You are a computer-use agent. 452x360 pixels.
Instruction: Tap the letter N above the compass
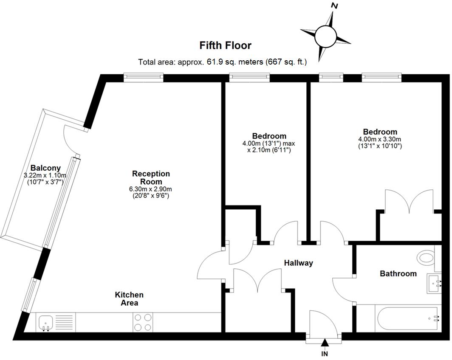click(x=335, y=6)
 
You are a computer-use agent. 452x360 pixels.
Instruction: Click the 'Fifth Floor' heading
click(x=225, y=45)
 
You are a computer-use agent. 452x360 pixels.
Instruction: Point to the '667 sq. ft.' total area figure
click(x=285, y=62)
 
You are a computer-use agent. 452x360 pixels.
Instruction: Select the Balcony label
click(x=45, y=168)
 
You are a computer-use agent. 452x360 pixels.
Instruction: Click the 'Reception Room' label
click(x=151, y=177)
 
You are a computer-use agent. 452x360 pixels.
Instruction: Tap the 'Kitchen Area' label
click(x=129, y=298)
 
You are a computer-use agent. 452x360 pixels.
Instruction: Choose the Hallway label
click(x=298, y=263)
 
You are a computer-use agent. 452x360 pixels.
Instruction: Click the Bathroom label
click(x=398, y=273)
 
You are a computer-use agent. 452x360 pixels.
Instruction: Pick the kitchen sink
click(x=45, y=322)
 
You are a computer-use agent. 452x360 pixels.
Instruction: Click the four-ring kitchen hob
click(x=143, y=322)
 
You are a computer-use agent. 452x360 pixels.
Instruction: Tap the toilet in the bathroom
click(x=426, y=257)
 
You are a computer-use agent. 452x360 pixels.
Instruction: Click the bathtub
click(x=407, y=318)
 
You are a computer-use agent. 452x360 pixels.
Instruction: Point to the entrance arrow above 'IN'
click(x=325, y=343)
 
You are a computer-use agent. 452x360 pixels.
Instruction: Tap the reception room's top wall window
click(x=144, y=77)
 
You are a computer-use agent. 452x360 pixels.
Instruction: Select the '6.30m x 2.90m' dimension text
click(x=151, y=189)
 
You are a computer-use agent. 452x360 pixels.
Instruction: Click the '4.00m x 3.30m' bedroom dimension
click(x=380, y=139)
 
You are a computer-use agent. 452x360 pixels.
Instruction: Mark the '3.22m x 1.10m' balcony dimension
click(x=45, y=175)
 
